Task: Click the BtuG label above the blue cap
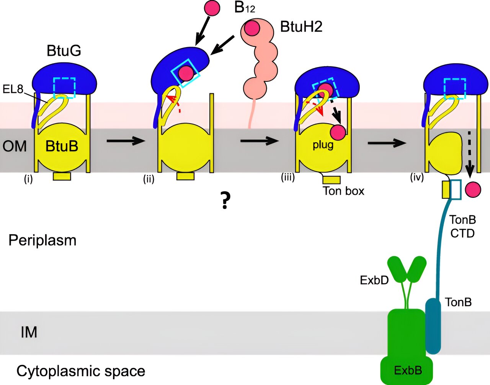pos(64,51)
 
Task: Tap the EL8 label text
pos(13,90)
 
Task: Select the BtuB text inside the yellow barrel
pos(62,146)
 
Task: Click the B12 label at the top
pos(245,7)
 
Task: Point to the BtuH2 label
pos(301,27)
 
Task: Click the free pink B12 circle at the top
pos(212,8)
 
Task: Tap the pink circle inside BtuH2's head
pos(252,28)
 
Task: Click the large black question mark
pos(225,200)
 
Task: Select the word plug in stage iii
pos(323,145)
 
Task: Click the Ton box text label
pos(343,191)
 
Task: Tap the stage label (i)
pos(28,179)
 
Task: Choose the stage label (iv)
pos(417,178)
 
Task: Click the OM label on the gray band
pos(15,146)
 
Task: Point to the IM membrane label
pos(29,332)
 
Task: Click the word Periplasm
pos(42,240)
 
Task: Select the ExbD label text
pos(374,280)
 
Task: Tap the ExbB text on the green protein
pos(408,370)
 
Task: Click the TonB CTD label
pos(462,226)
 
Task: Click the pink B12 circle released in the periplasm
pos(473,189)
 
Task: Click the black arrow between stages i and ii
pos(126,141)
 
